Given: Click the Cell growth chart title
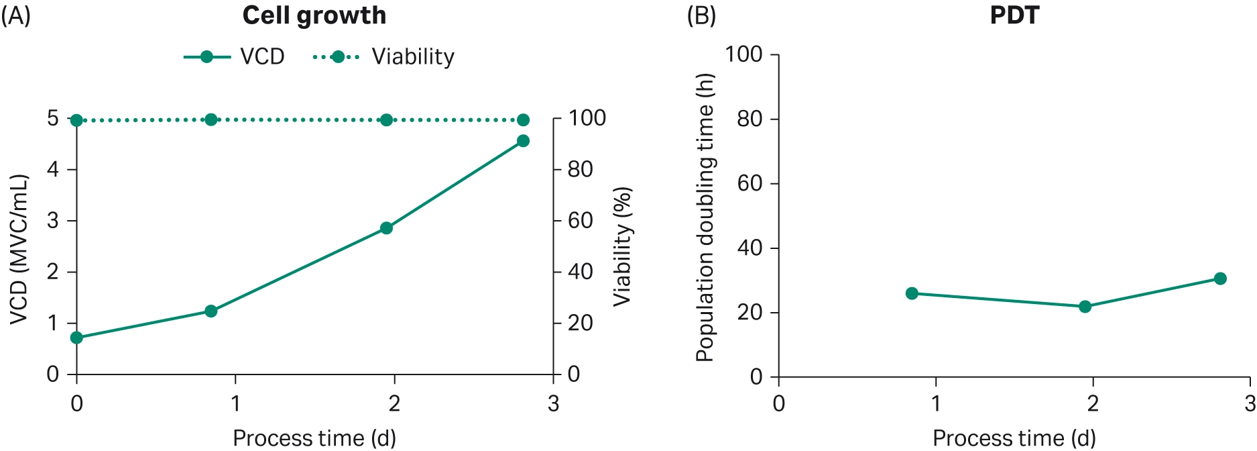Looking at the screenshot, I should (314, 15).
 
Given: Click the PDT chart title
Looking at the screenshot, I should (1014, 15).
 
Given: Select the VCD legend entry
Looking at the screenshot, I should (234, 56).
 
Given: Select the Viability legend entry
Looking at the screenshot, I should (384, 56).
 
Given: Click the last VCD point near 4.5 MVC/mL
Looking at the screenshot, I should (523, 141).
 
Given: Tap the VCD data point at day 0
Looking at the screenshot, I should (76, 338).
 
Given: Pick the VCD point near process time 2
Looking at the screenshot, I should (386, 228).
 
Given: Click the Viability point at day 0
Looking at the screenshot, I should (76, 120).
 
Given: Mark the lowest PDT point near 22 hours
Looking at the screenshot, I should (1085, 307).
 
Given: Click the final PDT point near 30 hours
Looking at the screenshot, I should (1220, 279).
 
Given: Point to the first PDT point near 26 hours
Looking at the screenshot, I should (912, 293).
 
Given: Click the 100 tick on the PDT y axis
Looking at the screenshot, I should (744, 54).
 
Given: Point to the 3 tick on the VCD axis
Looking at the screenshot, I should (53, 221).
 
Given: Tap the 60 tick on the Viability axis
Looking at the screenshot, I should (581, 221).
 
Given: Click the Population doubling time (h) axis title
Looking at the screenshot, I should (705, 217).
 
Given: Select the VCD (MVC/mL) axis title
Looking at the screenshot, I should (19, 249).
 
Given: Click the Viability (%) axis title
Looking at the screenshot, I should (622, 246).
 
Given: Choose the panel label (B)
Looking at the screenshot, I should (701, 15).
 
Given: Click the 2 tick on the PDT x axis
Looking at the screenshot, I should (1093, 403).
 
